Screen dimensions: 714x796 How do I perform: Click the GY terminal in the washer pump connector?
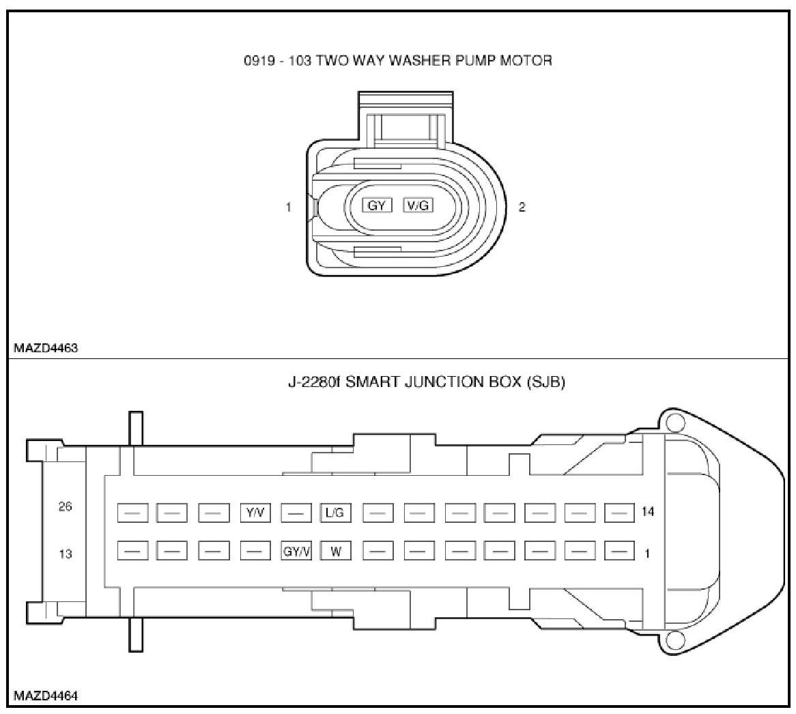click(x=377, y=205)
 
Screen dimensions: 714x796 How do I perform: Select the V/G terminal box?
click(x=418, y=205)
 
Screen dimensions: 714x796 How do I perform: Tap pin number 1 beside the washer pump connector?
click(x=289, y=207)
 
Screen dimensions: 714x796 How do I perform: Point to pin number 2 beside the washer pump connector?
click(x=522, y=207)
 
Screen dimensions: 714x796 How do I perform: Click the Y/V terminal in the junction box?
click(x=255, y=513)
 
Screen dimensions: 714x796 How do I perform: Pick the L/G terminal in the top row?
click(x=335, y=513)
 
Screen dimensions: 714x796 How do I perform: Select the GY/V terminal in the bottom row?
click(x=296, y=552)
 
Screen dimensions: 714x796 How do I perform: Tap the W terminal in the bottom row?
click(x=335, y=552)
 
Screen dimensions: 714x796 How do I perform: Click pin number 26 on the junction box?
click(x=66, y=507)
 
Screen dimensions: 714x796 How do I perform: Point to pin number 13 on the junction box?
click(x=66, y=554)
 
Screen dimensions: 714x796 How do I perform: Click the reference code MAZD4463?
click(x=46, y=347)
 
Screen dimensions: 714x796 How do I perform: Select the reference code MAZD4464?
click(x=46, y=696)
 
